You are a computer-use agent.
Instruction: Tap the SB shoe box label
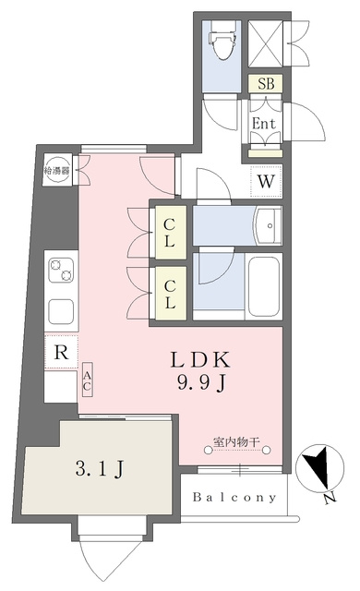(266, 84)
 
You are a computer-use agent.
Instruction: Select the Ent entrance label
(264, 123)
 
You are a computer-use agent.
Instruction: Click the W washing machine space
(266, 181)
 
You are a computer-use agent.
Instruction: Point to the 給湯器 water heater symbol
(57, 170)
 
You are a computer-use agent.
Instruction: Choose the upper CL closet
(171, 233)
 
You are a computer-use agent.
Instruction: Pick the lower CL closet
(171, 294)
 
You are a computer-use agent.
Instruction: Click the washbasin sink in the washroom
(268, 225)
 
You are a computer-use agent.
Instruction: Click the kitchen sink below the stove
(61, 311)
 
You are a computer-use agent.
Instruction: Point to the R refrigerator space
(61, 353)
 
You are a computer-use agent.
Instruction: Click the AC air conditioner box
(87, 380)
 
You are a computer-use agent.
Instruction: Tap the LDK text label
(200, 360)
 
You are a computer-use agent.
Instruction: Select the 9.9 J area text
(202, 384)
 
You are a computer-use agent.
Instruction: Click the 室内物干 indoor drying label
(237, 441)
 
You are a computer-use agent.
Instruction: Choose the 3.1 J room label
(99, 470)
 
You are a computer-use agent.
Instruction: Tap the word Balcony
(234, 498)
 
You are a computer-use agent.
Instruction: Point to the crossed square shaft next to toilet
(266, 43)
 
